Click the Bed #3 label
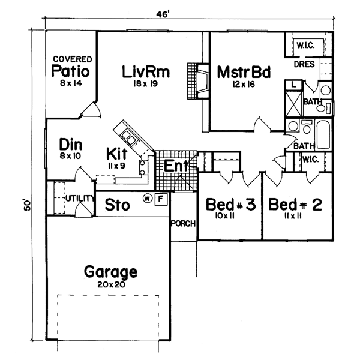(231, 205)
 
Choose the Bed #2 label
(296, 205)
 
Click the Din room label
(71, 145)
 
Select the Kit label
(116, 152)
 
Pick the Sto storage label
(118, 205)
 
